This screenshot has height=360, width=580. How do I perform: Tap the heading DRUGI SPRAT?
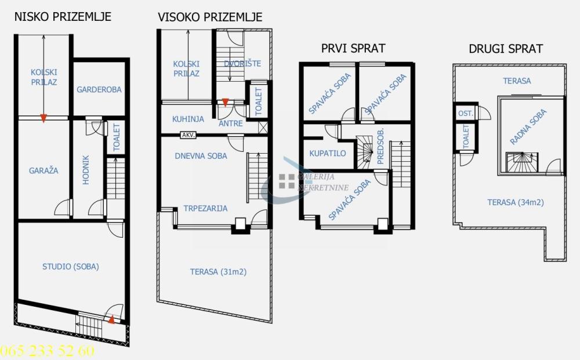(x=505, y=49)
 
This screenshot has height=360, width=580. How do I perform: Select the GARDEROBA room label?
(x=99, y=89)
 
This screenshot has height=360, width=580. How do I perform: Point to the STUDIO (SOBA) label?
(x=71, y=267)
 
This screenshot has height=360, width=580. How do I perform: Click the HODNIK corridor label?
(x=86, y=170)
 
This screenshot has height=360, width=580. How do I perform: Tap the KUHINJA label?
(x=188, y=119)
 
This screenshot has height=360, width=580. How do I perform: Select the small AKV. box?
(x=188, y=135)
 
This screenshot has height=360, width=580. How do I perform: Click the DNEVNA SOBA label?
(x=201, y=155)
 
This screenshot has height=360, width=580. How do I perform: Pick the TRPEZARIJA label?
(x=205, y=208)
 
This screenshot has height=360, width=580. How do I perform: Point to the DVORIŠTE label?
(x=242, y=63)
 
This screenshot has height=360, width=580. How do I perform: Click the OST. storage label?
(x=465, y=113)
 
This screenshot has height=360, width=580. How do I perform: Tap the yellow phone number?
(x=47, y=351)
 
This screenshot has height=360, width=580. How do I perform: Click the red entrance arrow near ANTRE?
(x=225, y=103)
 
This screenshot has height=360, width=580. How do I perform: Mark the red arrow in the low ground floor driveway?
(x=43, y=118)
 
